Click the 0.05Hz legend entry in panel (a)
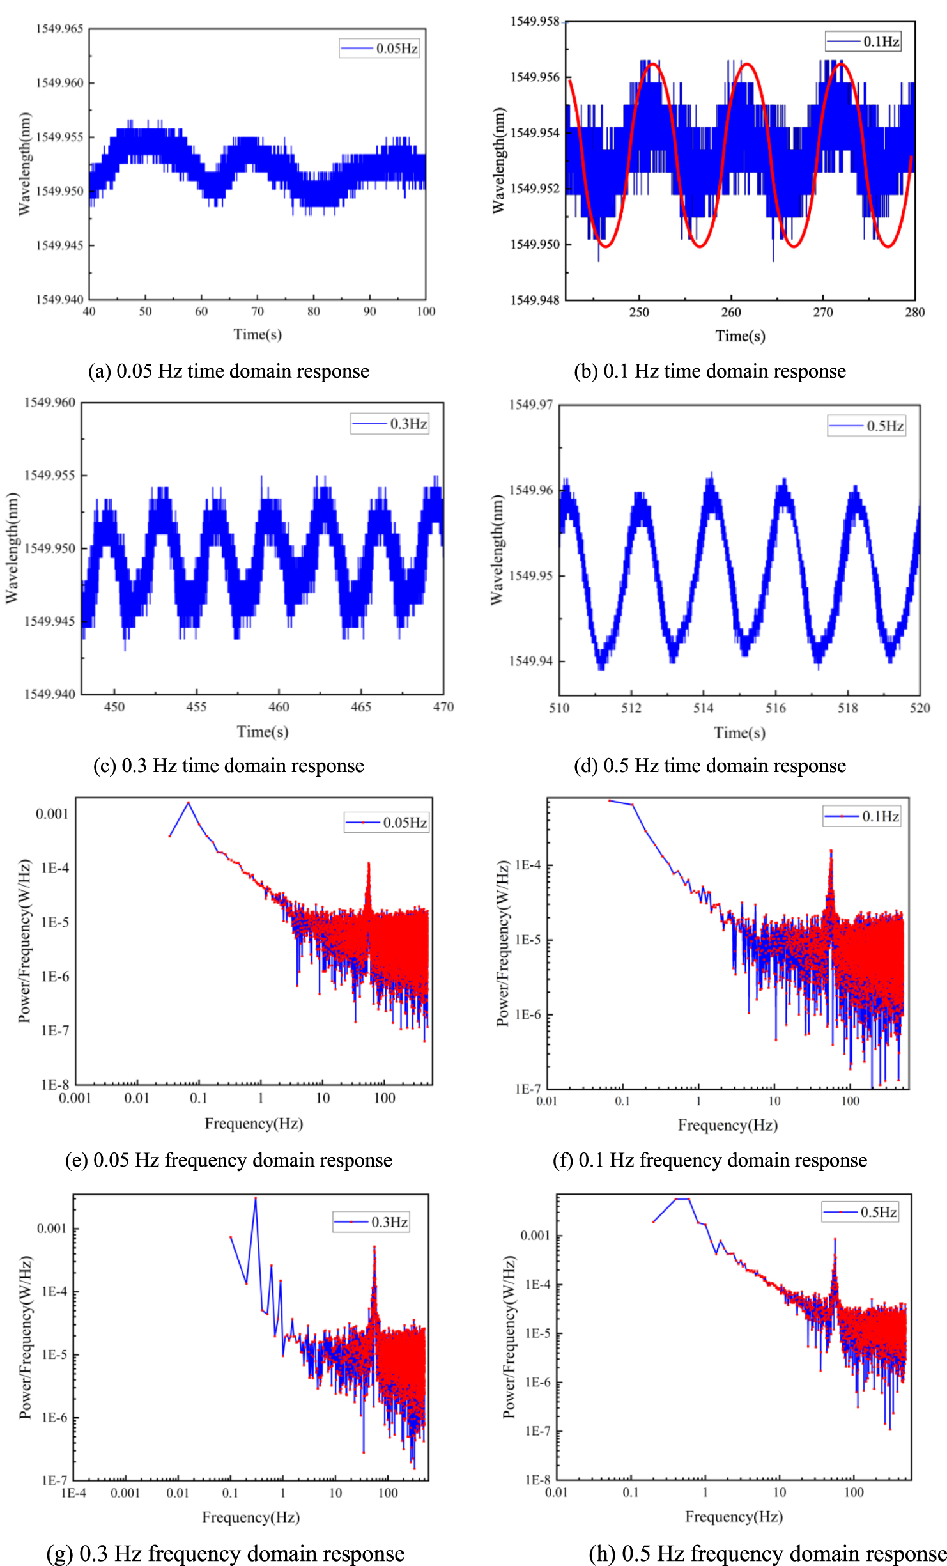pyautogui.click(x=379, y=49)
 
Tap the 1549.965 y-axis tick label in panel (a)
pyautogui.click(x=59, y=29)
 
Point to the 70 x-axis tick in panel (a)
pyautogui.click(x=257, y=311)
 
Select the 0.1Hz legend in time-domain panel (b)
pyautogui.click(x=863, y=42)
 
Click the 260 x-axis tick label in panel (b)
pyautogui.click(x=730, y=313)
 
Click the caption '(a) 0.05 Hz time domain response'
pyautogui.click(x=228, y=371)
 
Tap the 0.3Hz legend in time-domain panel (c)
pyautogui.click(x=390, y=424)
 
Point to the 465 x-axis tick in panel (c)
pyautogui.click(x=360, y=707)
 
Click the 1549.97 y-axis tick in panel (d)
pyautogui.click(x=530, y=405)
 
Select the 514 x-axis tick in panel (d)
pyautogui.click(x=703, y=708)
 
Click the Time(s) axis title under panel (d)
pyautogui.click(x=739, y=733)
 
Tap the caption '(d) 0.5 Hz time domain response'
pyautogui.click(x=709, y=766)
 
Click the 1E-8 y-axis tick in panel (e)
pyautogui.click(x=55, y=1085)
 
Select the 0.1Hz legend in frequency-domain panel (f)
pyautogui.click(x=862, y=816)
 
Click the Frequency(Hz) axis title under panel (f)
pyautogui.click(x=727, y=1125)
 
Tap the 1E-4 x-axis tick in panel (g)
pyautogui.click(x=73, y=1493)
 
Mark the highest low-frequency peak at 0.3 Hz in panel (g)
pyautogui.click(x=256, y=1199)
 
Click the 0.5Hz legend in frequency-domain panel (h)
pyautogui.click(x=861, y=1213)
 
